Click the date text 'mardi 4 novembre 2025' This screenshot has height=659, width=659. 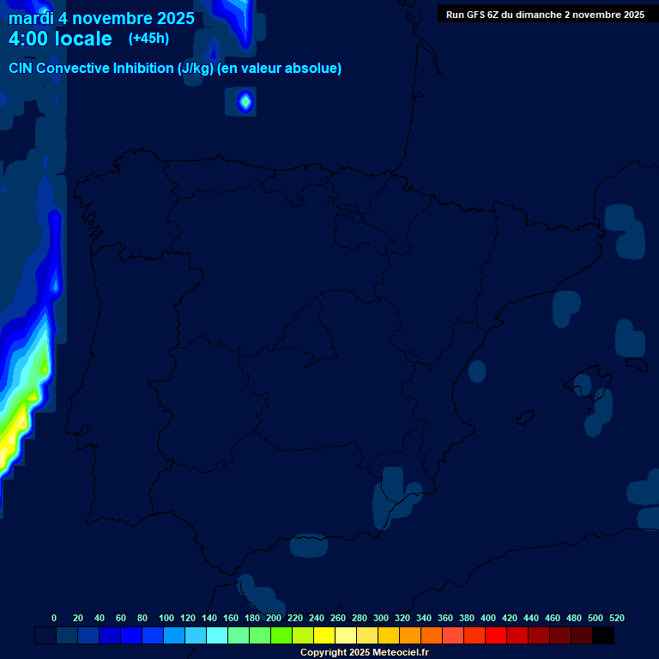[101, 18]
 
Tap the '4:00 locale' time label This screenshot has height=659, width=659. [60, 39]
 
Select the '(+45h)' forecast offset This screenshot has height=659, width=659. [148, 38]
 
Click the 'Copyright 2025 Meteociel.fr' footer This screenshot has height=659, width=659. [364, 652]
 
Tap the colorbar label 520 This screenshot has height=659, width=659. [616, 618]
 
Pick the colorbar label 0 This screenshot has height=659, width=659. [54, 618]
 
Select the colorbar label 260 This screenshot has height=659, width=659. [337, 618]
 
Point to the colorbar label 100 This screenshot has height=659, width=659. [166, 618]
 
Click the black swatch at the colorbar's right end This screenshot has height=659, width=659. [603, 636]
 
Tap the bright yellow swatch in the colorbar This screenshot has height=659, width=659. [324, 636]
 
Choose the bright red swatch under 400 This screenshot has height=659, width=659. [496, 636]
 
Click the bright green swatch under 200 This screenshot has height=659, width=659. [281, 636]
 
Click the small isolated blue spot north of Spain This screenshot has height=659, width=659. [245, 102]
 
